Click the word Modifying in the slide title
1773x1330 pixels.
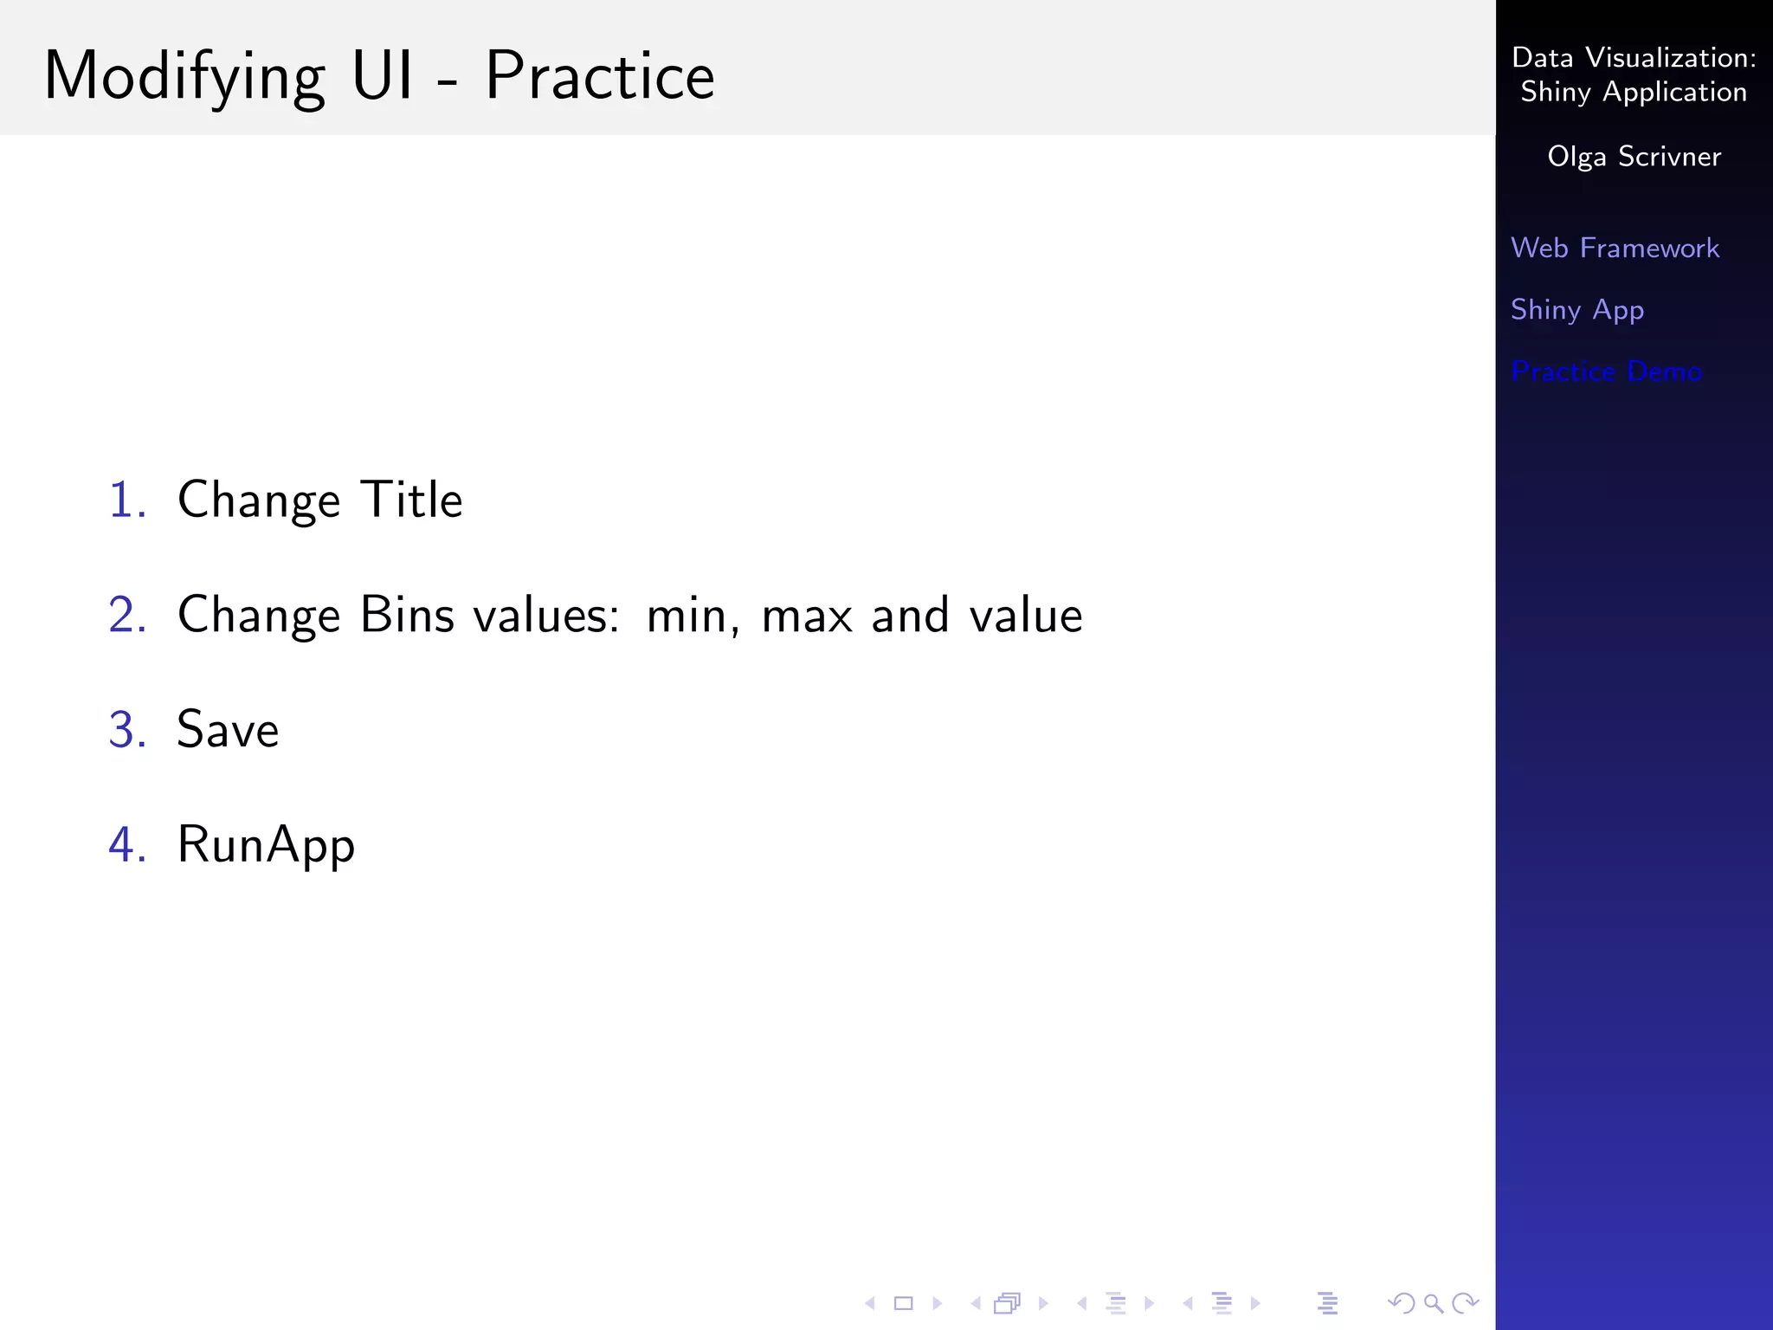184,78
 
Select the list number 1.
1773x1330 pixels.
126,500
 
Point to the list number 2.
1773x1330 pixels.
126,616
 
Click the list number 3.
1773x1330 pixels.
126,730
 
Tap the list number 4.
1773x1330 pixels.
126,845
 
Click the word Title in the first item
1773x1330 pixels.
411,500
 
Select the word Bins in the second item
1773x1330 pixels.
407,616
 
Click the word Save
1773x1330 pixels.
228,730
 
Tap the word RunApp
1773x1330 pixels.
266,845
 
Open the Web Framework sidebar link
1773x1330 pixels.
1615,249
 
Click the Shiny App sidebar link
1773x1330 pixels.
1576,310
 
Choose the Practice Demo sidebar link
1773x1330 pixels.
1606,371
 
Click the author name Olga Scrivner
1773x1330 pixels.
1634,157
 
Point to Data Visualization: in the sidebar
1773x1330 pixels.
1634,58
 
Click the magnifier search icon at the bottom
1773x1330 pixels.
1434,1303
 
